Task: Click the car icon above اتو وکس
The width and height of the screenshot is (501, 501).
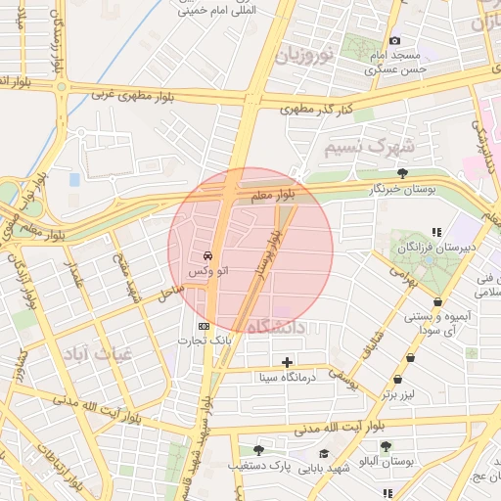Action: pyautogui.click(x=209, y=255)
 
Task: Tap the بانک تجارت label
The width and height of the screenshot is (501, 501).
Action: pyautogui.click(x=204, y=341)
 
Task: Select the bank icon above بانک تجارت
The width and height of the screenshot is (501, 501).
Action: pyautogui.click(x=204, y=326)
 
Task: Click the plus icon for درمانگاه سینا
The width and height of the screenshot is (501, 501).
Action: pyautogui.click(x=287, y=362)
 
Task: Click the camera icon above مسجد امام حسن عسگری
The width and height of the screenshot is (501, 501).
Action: pyautogui.click(x=394, y=41)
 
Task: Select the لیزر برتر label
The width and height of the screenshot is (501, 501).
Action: pyautogui.click(x=401, y=393)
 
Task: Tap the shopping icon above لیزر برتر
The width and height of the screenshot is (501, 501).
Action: pyautogui.click(x=397, y=380)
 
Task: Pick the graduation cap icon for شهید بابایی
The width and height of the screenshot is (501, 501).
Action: pyautogui.click(x=324, y=454)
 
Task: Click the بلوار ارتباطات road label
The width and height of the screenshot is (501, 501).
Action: pyautogui.click(x=47, y=460)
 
